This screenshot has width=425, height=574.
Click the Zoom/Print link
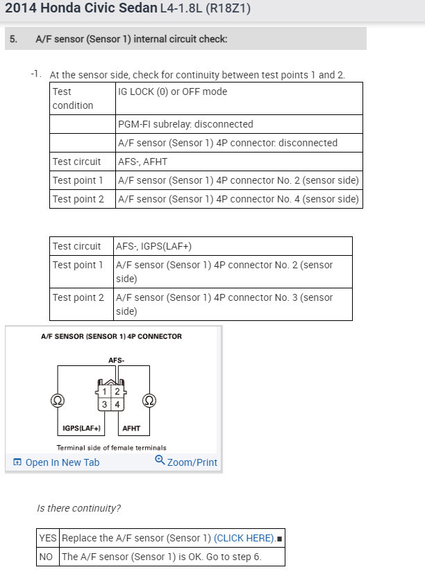[x=186, y=462]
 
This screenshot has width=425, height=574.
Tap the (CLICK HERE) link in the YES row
[x=244, y=538]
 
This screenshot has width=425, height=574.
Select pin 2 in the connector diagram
[x=117, y=392]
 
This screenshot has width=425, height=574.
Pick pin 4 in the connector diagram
[x=117, y=404]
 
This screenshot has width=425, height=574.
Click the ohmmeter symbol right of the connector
[x=149, y=400]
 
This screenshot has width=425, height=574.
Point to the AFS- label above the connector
[x=117, y=361]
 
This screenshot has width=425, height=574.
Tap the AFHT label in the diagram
[x=131, y=428]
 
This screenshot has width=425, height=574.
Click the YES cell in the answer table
[x=48, y=538]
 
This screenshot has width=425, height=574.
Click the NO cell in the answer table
[x=47, y=557]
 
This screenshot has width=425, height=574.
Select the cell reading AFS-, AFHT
[x=142, y=162]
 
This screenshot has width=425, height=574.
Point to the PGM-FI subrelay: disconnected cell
[x=185, y=124]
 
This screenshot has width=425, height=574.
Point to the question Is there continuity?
[x=78, y=508]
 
